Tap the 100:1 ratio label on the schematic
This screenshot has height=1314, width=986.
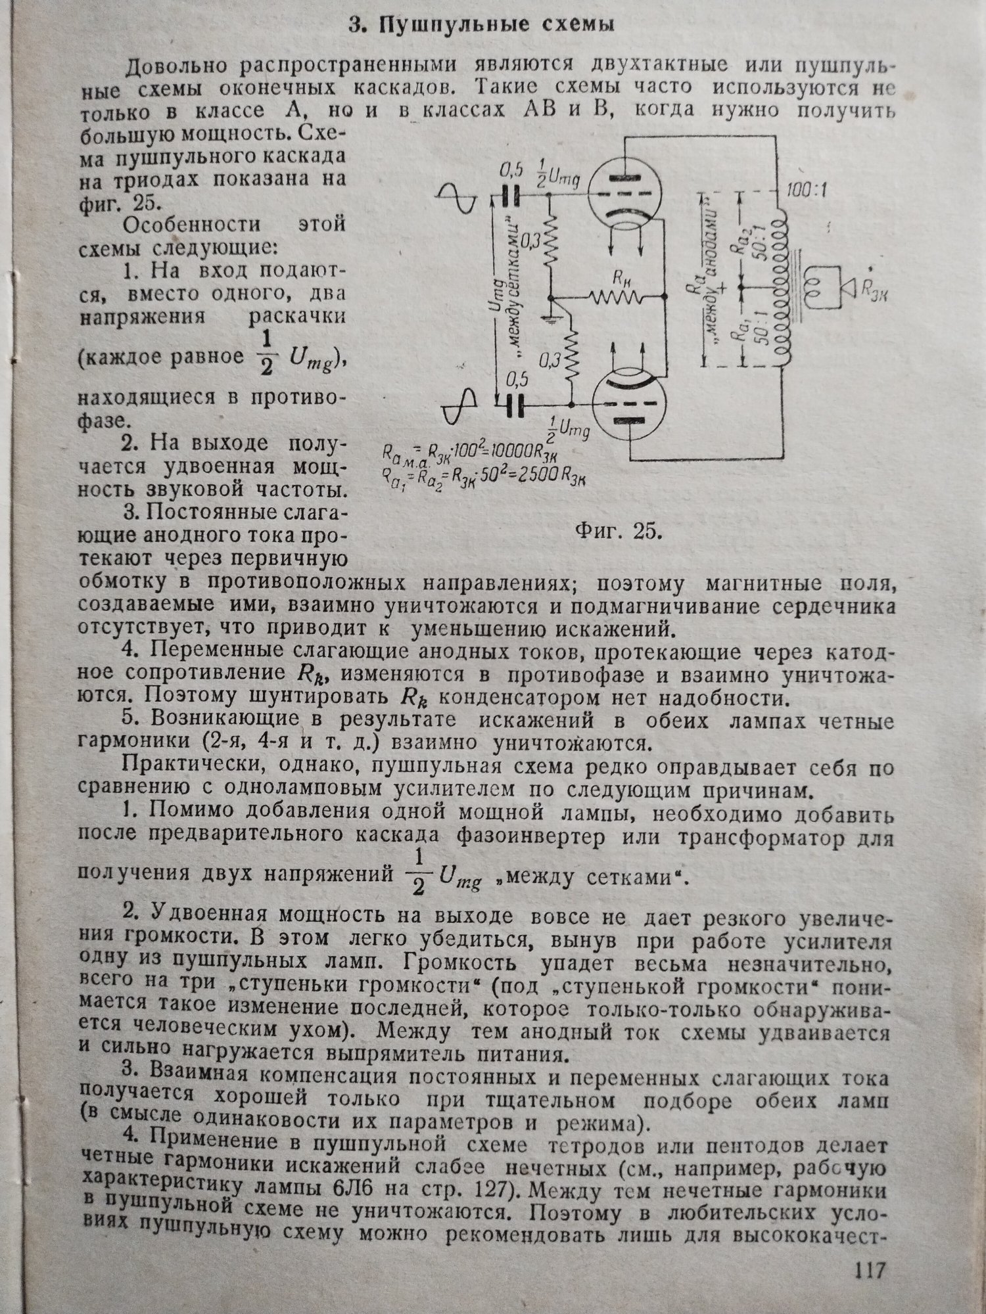pos(807,191)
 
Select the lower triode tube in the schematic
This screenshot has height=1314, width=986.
pos(628,402)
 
